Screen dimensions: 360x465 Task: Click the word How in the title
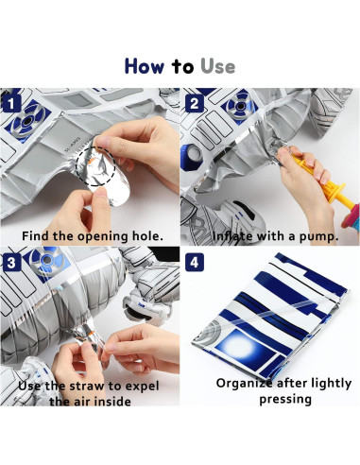point(145,66)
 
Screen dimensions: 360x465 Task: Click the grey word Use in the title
point(217,66)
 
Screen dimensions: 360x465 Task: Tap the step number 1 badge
point(11,104)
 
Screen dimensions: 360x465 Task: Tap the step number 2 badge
point(195,104)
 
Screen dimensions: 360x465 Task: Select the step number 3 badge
point(11,263)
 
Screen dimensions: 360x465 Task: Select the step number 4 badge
point(195,263)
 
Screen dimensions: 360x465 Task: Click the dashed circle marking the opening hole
point(77,166)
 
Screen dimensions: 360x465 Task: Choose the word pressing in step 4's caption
point(285,400)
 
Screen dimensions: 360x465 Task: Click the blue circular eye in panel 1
point(27,120)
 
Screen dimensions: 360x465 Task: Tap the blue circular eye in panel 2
point(240,106)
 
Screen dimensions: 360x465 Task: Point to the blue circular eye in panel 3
point(47,260)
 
